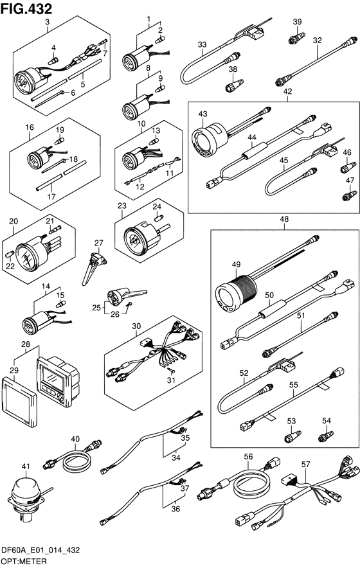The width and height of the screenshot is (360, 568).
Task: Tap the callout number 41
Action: pos(25,466)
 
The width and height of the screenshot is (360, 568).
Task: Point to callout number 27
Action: pos(98,243)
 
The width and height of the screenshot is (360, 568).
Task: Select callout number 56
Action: pos(248,457)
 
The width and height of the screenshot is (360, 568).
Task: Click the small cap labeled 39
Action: pos(297,38)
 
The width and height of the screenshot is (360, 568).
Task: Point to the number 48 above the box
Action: pos(284,219)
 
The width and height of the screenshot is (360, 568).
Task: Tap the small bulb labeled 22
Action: pos(10,253)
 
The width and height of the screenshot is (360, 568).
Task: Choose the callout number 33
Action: pos(202,44)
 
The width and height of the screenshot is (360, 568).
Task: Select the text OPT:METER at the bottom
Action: pos(24,562)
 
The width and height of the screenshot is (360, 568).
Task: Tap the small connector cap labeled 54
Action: pos(325,436)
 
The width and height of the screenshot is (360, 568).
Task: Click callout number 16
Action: pos(30,127)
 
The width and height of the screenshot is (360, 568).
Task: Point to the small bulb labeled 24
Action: pos(159,218)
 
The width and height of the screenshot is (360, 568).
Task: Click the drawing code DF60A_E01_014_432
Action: pos(40,551)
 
